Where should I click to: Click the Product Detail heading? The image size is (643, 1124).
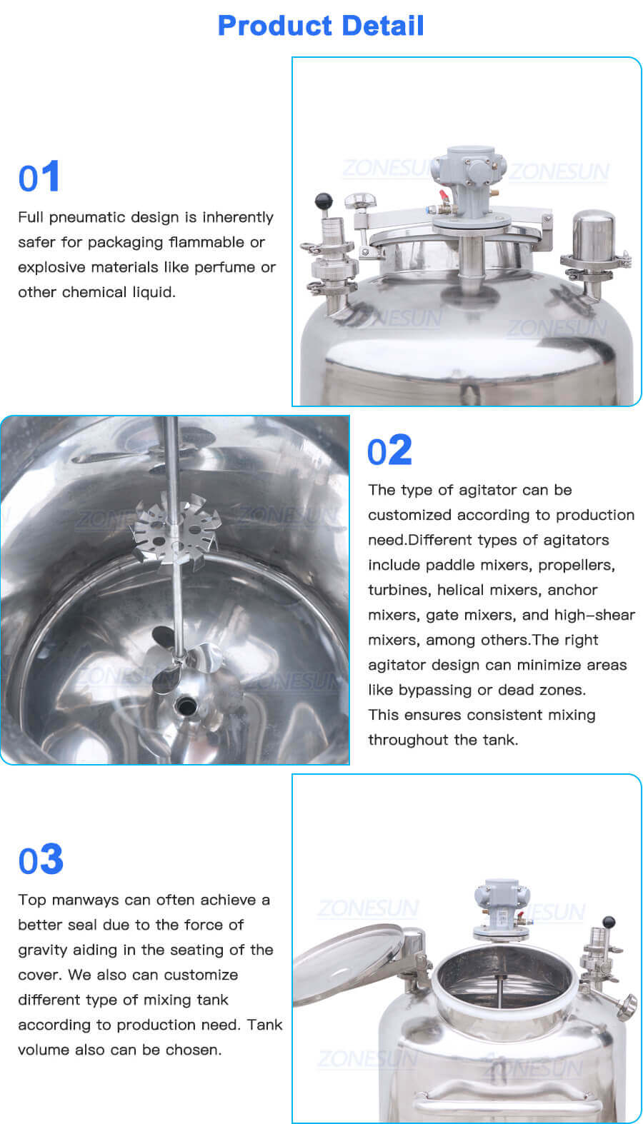tap(321, 26)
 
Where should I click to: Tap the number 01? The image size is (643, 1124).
tap(39, 177)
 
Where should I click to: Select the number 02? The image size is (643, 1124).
tap(389, 451)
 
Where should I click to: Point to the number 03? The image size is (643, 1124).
tap(41, 860)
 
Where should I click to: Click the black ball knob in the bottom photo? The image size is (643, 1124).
tap(609, 922)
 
